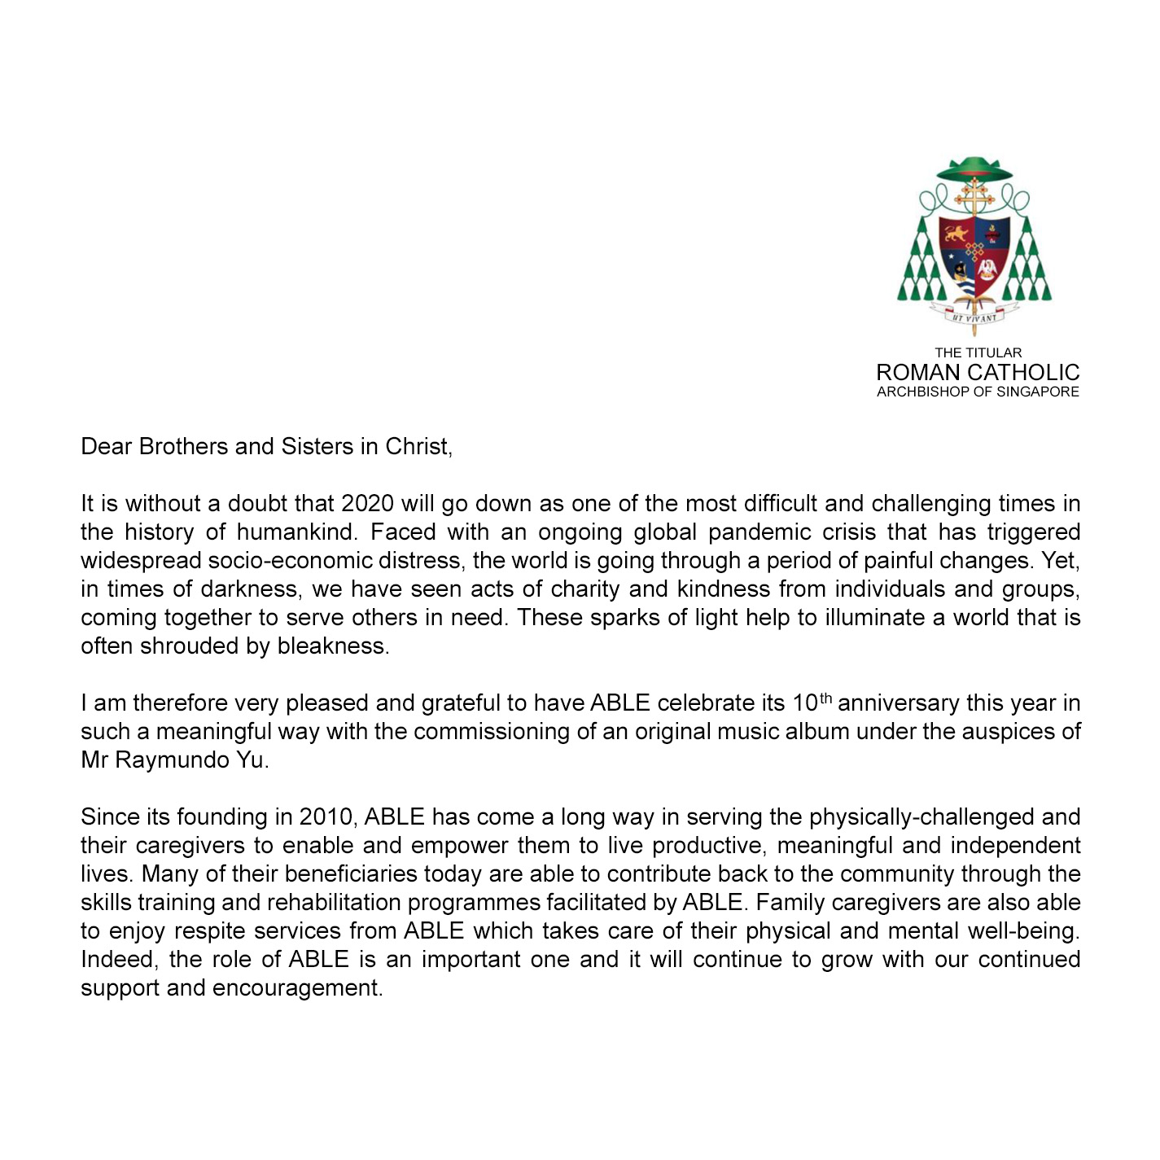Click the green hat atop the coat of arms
click(974, 169)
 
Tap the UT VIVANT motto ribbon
click(974, 316)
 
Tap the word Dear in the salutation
click(106, 446)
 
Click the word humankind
click(296, 532)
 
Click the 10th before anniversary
click(812, 702)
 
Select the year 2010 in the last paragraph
click(326, 816)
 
